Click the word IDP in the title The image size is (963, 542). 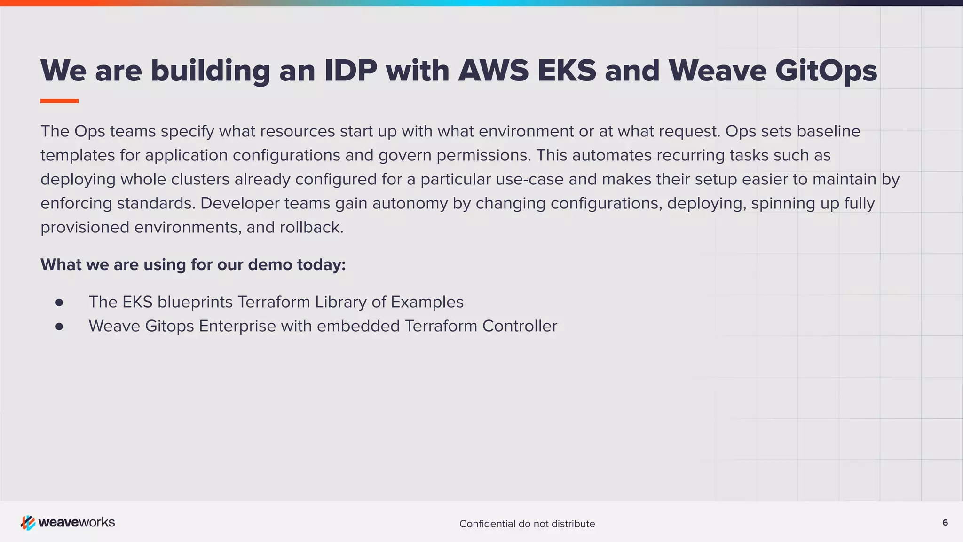tap(351, 71)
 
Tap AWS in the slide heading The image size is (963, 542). tap(493, 71)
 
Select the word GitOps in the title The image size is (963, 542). tap(826, 72)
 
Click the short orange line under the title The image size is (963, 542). tap(59, 101)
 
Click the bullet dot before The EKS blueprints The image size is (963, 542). tap(59, 303)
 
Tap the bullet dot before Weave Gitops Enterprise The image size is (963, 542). tap(59, 327)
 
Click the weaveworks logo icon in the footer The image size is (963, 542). tap(28, 523)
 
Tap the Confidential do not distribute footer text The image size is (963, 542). tap(527, 524)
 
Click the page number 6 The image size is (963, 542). tap(945, 523)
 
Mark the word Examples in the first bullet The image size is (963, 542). tap(427, 302)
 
